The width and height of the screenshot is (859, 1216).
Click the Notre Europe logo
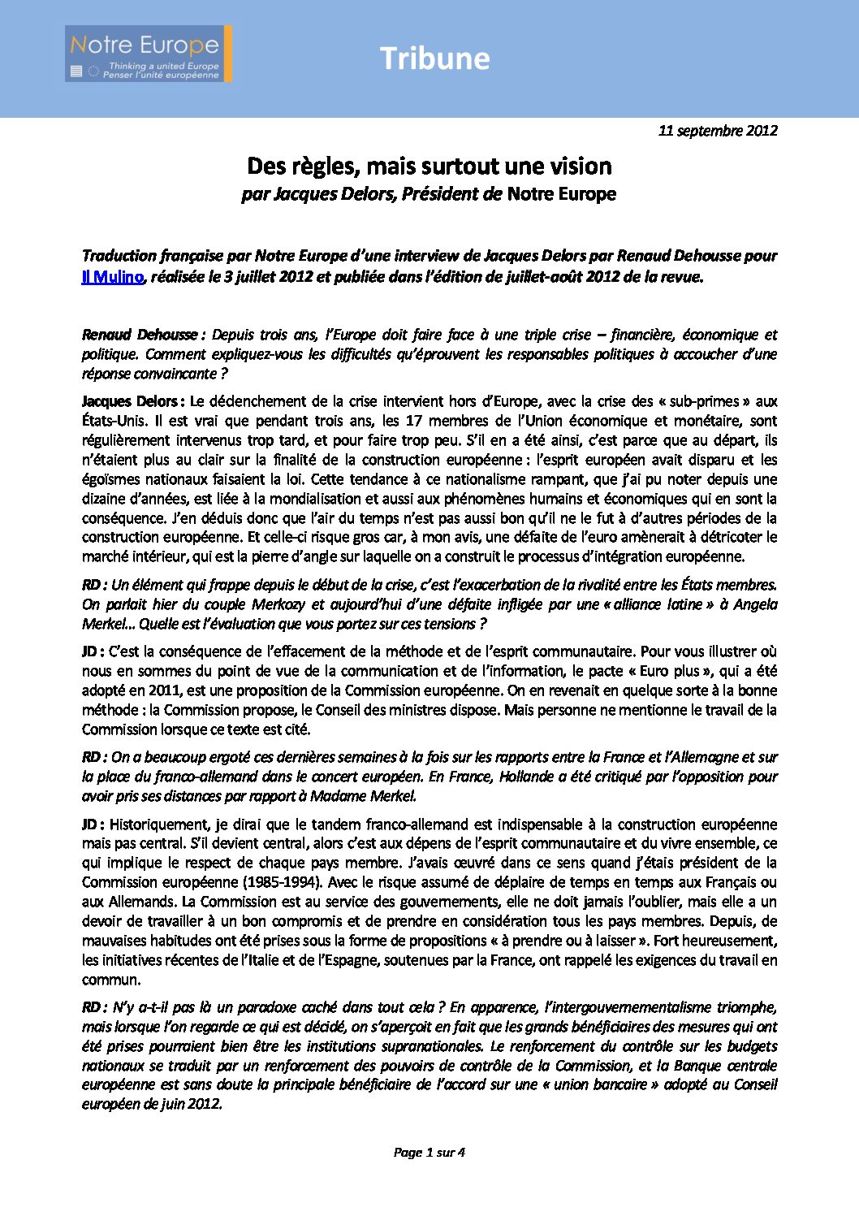point(149,54)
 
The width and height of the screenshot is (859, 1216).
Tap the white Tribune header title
point(434,58)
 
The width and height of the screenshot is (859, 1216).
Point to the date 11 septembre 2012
point(718,131)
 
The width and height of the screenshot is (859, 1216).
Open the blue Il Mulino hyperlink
point(113,277)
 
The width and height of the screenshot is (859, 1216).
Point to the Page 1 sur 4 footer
point(429,1152)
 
